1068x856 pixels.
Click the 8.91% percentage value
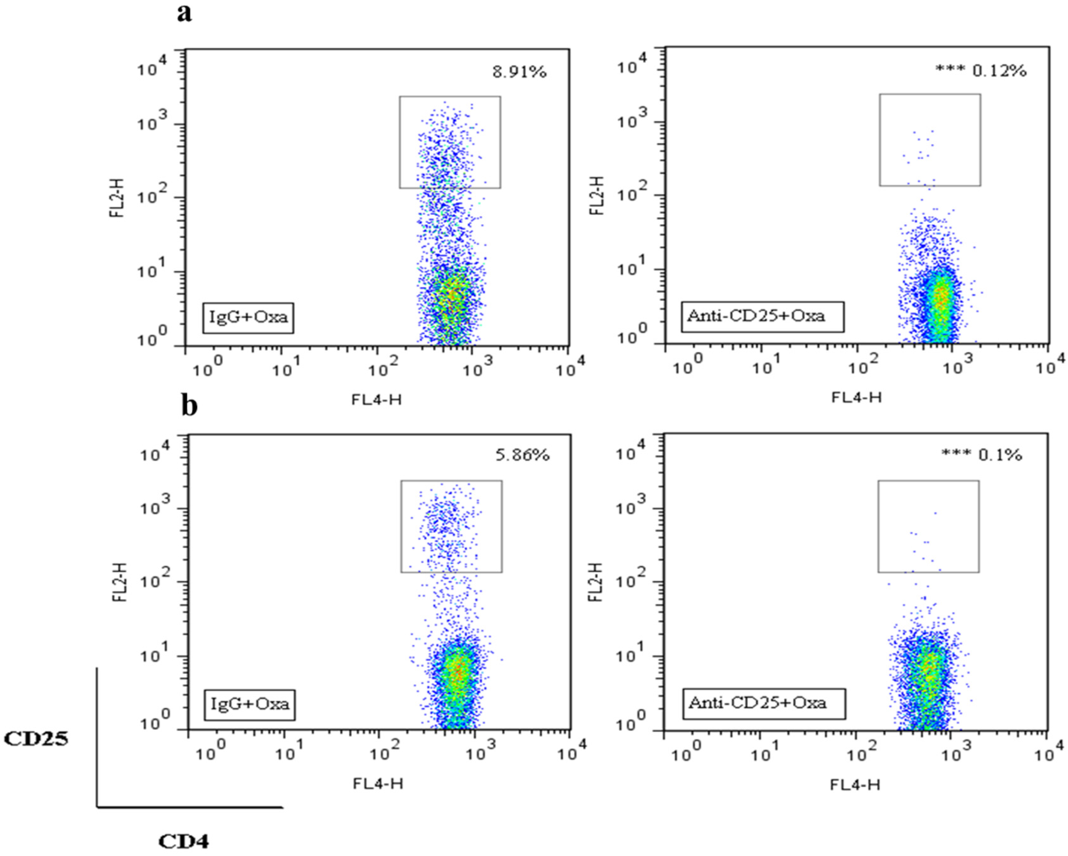(519, 72)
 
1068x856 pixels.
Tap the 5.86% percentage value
(522, 455)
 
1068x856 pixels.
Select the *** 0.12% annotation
(980, 71)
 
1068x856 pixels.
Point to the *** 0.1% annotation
(981, 455)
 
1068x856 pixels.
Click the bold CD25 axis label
(36, 739)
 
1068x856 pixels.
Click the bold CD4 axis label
(183, 840)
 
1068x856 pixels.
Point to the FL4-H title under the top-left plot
(376, 399)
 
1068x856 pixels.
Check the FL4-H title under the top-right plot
(856, 397)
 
